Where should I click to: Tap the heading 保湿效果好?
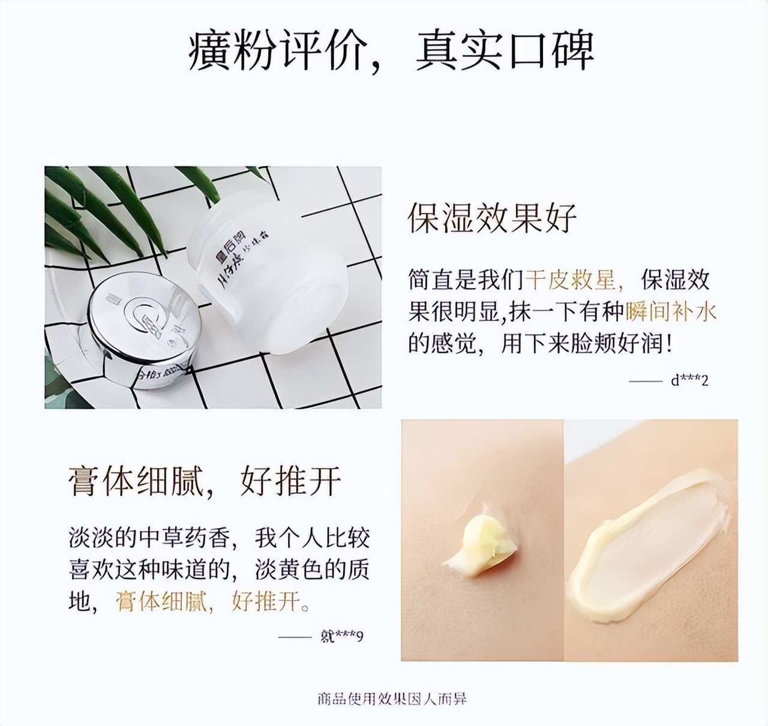[492, 217]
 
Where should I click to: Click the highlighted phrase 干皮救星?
[574, 280]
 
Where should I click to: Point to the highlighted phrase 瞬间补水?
[671, 312]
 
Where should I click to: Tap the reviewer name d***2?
[689, 380]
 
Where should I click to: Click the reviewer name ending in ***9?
[343, 635]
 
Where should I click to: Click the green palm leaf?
[120, 204]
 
